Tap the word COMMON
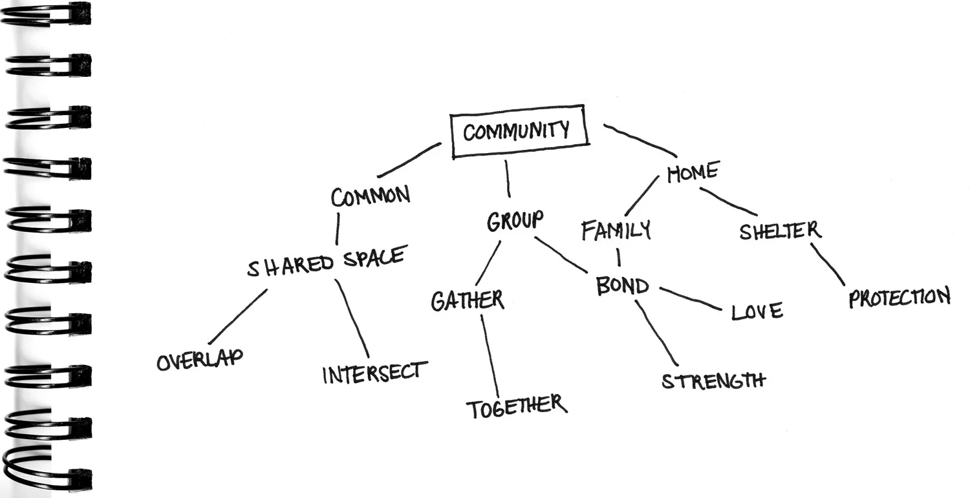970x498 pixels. tap(370, 196)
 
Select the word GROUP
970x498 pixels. tap(515, 221)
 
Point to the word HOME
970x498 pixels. tap(693, 172)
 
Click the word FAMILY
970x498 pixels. tap(616, 231)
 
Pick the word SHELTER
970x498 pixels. tap(780, 231)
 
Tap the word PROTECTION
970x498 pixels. tap(900, 298)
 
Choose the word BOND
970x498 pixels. tap(621, 286)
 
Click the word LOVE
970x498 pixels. tap(757, 312)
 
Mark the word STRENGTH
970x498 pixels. tap(713, 380)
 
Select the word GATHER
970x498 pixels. tap(468, 301)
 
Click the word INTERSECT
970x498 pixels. tap(375, 373)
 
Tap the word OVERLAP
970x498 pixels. tap(200, 360)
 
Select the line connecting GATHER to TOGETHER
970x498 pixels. tap(490, 355)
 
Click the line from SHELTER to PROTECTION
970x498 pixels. tap(828, 263)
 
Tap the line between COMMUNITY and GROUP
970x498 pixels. tap(508, 178)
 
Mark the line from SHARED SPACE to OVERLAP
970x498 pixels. tap(237, 316)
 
